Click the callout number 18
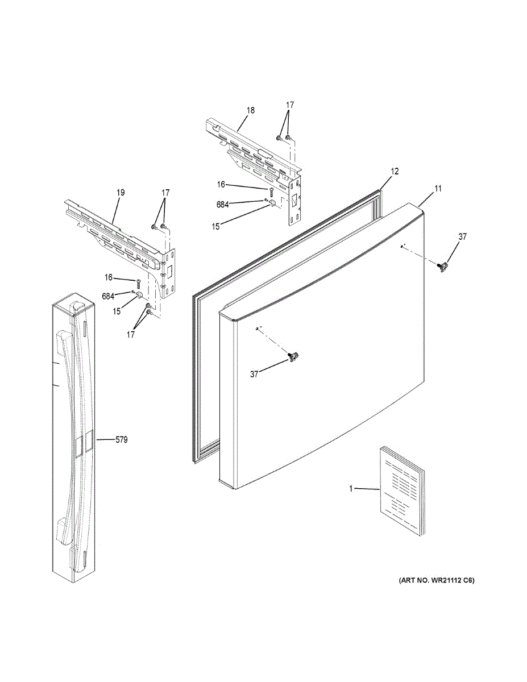point(251,110)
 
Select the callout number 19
point(121,193)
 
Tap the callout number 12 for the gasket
point(395,170)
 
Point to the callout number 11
point(438,188)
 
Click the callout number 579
point(121,439)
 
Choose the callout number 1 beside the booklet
point(351,488)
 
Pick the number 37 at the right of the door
point(462,237)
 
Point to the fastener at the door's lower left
point(294,356)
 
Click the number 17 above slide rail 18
point(290,105)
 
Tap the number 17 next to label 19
point(165,193)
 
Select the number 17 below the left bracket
point(131,335)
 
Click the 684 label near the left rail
point(108,296)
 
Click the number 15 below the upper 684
point(215,226)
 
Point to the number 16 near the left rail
point(109,277)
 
